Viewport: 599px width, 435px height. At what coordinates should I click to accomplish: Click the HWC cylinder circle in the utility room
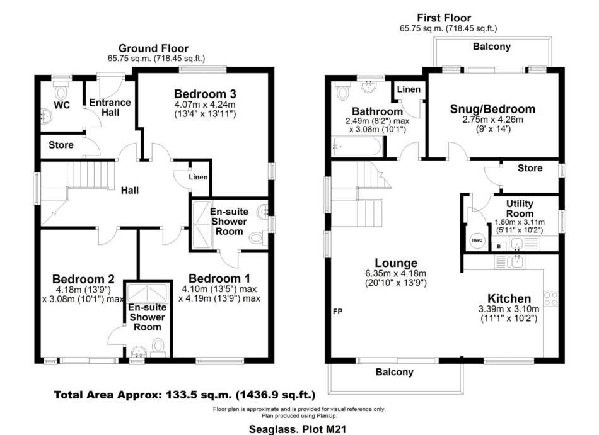pyautogui.click(x=477, y=240)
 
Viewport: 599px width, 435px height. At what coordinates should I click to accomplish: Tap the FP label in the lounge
pyautogui.click(x=338, y=312)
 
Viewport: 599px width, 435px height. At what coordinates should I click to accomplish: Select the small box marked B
pyautogui.click(x=499, y=246)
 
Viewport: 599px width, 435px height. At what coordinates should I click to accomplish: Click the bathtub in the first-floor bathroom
pyautogui.click(x=357, y=147)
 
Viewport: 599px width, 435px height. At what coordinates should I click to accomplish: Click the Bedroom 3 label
pyautogui.click(x=205, y=94)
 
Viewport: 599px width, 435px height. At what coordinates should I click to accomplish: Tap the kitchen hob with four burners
pyautogui.click(x=551, y=298)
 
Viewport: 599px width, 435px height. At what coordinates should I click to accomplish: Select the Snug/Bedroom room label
pyautogui.click(x=492, y=109)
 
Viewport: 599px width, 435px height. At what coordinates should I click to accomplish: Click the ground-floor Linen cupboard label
pyautogui.click(x=198, y=177)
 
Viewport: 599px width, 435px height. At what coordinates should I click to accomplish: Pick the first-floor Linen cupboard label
pyautogui.click(x=409, y=89)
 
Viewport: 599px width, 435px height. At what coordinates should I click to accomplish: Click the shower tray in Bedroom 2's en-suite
pyautogui.click(x=147, y=293)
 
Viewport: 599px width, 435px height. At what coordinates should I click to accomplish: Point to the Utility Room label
pyautogui.click(x=520, y=208)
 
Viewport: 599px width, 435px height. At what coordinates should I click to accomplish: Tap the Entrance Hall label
pyautogui.click(x=110, y=108)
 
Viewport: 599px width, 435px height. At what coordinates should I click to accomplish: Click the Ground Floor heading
pyautogui.click(x=153, y=48)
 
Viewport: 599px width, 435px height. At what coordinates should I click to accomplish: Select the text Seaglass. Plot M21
pyautogui.click(x=298, y=429)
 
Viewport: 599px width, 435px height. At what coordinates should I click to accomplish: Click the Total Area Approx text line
pyautogui.click(x=185, y=395)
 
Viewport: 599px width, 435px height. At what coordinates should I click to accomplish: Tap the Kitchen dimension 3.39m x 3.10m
pyautogui.click(x=509, y=309)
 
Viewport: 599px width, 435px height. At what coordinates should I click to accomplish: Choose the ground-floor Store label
pyautogui.click(x=61, y=145)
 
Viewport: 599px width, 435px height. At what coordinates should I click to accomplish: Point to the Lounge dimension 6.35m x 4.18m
pyautogui.click(x=396, y=273)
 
